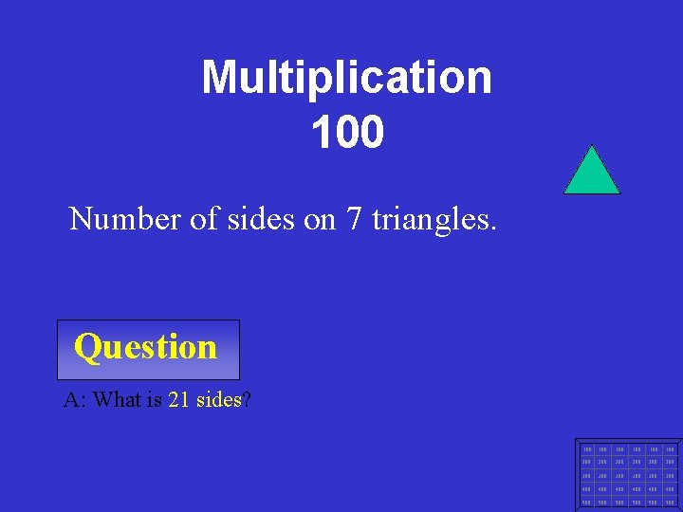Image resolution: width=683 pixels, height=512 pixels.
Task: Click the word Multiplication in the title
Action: (346, 78)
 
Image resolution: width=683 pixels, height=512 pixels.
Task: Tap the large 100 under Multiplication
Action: (346, 133)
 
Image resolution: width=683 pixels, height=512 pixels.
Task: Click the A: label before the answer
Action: (74, 400)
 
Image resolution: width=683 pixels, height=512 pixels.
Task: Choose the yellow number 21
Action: (178, 400)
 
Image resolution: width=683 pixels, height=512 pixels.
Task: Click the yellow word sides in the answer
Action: (219, 400)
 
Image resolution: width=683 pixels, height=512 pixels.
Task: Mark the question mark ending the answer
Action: (247, 400)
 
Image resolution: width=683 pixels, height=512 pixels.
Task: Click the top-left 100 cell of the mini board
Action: (588, 448)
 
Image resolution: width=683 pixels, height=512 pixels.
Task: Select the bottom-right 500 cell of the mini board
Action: (671, 502)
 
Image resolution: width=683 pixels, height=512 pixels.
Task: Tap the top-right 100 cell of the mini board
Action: (671, 448)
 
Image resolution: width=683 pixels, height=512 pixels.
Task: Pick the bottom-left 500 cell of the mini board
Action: (588, 502)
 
